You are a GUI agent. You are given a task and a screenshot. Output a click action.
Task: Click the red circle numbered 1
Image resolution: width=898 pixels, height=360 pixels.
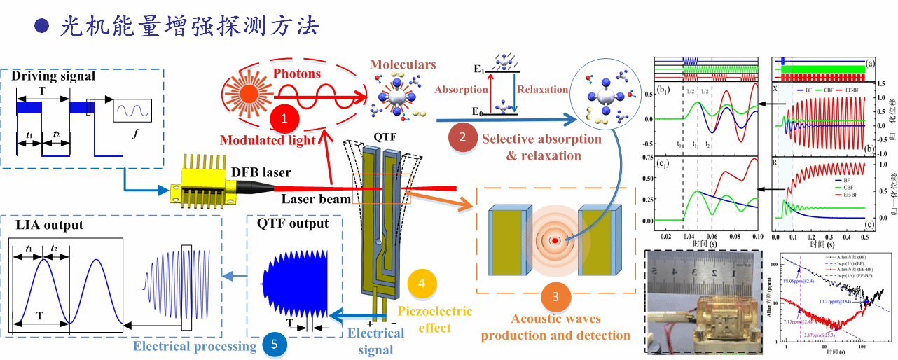tap(284, 119)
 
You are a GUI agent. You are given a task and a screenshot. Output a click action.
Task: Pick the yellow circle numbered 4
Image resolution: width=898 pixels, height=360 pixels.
tap(421, 284)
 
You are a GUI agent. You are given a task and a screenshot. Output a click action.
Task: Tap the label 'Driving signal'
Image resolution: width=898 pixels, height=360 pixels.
tap(53, 75)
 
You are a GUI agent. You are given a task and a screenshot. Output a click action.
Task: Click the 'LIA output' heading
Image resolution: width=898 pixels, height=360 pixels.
tap(50, 225)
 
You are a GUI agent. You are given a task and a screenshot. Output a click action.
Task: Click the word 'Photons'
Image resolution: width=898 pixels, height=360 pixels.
tap(297, 73)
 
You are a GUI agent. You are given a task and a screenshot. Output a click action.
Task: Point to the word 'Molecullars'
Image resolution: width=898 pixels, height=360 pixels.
tap(403, 64)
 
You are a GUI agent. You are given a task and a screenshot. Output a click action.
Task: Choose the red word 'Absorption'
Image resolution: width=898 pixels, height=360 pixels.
tap(461, 90)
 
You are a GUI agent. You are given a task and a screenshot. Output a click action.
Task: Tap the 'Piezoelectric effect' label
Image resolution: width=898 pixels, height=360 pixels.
tap(434, 319)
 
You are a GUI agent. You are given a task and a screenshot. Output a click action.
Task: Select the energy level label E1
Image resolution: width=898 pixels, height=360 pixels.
tap(479, 69)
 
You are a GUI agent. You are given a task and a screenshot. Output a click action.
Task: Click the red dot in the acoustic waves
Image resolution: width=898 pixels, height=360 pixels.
tap(554, 241)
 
